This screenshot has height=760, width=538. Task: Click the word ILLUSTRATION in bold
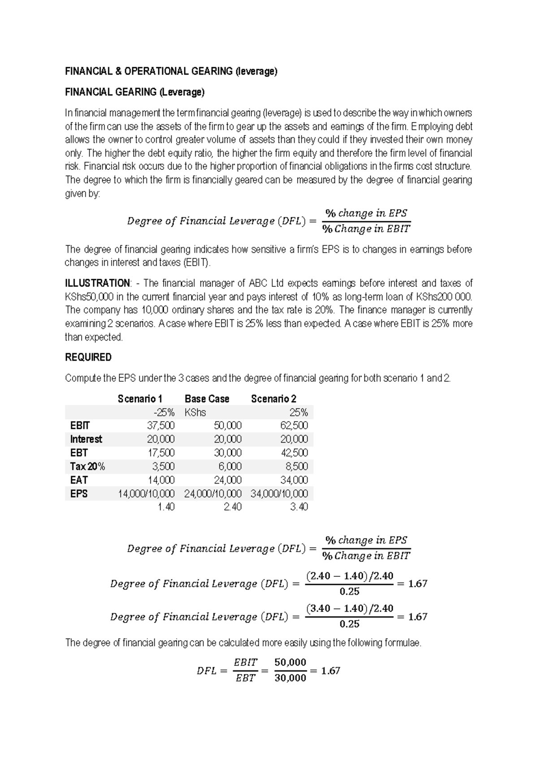(97, 283)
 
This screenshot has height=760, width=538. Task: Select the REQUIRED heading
(88, 357)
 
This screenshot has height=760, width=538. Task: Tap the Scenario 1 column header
(140, 398)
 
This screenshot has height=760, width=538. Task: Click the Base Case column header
(207, 398)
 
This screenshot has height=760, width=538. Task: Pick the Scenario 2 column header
(273, 398)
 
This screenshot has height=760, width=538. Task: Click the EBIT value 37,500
(161, 425)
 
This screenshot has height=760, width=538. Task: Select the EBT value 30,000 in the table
(228, 453)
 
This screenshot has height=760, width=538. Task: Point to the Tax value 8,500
(297, 466)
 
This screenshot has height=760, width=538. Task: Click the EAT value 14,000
(161, 480)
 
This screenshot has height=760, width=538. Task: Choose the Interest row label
(86, 439)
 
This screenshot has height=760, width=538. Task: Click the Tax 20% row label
(87, 466)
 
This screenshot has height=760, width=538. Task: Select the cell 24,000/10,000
(213, 494)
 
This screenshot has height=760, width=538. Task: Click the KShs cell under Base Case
(195, 412)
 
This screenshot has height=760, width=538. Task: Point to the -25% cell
(164, 412)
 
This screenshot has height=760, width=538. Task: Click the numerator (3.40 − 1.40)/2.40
(349, 609)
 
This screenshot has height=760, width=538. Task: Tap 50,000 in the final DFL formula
(290, 662)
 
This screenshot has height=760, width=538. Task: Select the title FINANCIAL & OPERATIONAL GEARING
(171, 71)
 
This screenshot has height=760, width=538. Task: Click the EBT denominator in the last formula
(245, 678)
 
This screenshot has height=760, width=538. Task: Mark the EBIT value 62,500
(294, 425)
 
